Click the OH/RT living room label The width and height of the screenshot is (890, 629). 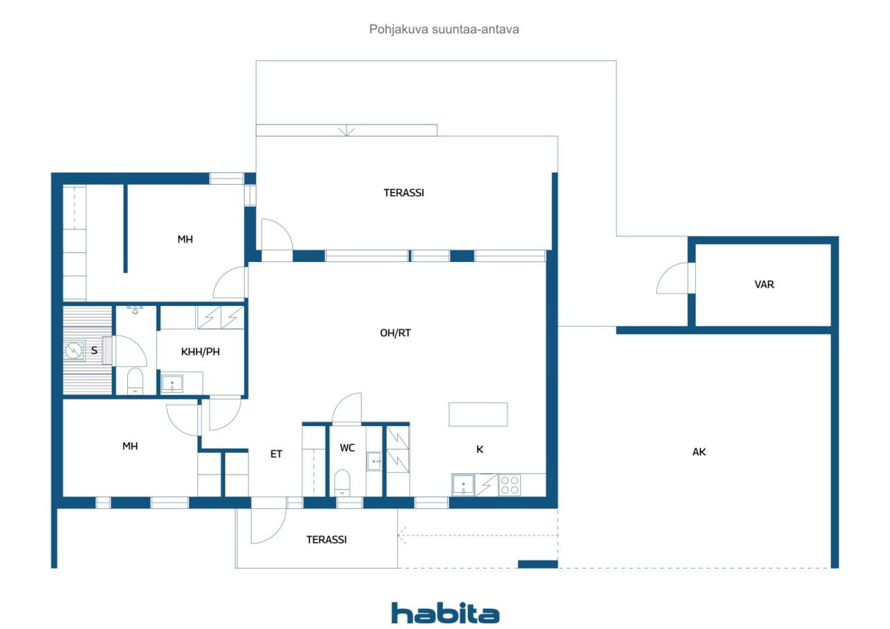pyautogui.click(x=396, y=333)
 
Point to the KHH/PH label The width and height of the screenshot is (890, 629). pyautogui.click(x=200, y=352)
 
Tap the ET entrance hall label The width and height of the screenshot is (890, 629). pyautogui.click(x=276, y=454)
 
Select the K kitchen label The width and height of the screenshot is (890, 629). pyautogui.click(x=480, y=449)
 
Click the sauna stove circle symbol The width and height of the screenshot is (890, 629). pyautogui.click(x=74, y=350)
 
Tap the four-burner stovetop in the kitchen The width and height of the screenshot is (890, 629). pyautogui.click(x=510, y=485)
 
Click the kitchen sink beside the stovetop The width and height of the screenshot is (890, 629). pyautogui.click(x=463, y=485)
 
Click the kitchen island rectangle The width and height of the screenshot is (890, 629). pyautogui.click(x=478, y=414)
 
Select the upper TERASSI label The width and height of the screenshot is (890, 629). pyautogui.click(x=404, y=193)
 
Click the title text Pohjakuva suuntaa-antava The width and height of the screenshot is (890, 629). pyautogui.click(x=444, y=29)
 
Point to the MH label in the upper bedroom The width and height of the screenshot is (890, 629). pyautogui.click(x=185, y=239)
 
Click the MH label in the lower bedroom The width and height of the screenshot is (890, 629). pyautogui.click(x=130, y=446)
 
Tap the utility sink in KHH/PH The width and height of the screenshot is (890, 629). pyautogui.click(x=172, y=384)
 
